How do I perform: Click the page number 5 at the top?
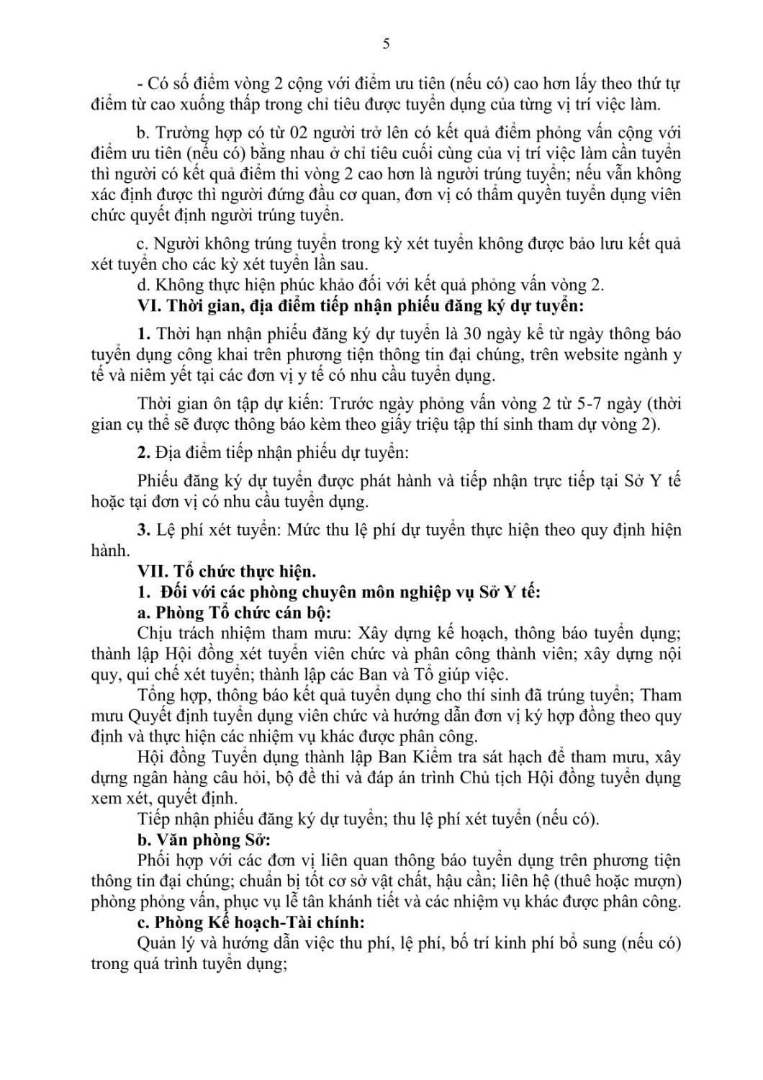387,44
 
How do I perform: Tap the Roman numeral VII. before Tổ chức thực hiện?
153,572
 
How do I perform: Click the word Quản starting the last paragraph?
155,943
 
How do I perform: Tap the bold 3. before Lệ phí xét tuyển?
143,530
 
